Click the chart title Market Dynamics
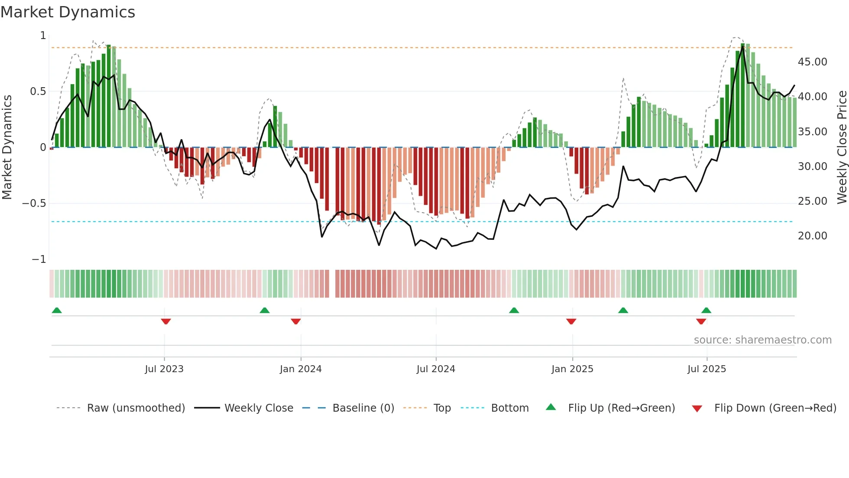coord(68,12)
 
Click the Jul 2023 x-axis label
coord(164,369)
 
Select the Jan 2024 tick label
coord(301,369)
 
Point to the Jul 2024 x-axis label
coord(436,369)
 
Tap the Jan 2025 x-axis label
coord(572,369)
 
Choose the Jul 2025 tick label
coord(706,369)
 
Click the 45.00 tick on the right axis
coord(812,62)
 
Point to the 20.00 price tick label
coord(812,236)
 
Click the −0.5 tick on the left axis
coord(34,203)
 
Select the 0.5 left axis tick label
coord(38,92)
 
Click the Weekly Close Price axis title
coord(842,147)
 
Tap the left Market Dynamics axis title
coord(7,147)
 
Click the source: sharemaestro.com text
coord(762,340)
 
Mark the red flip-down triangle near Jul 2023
coord(166,321)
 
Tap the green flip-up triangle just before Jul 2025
coord(706,310)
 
